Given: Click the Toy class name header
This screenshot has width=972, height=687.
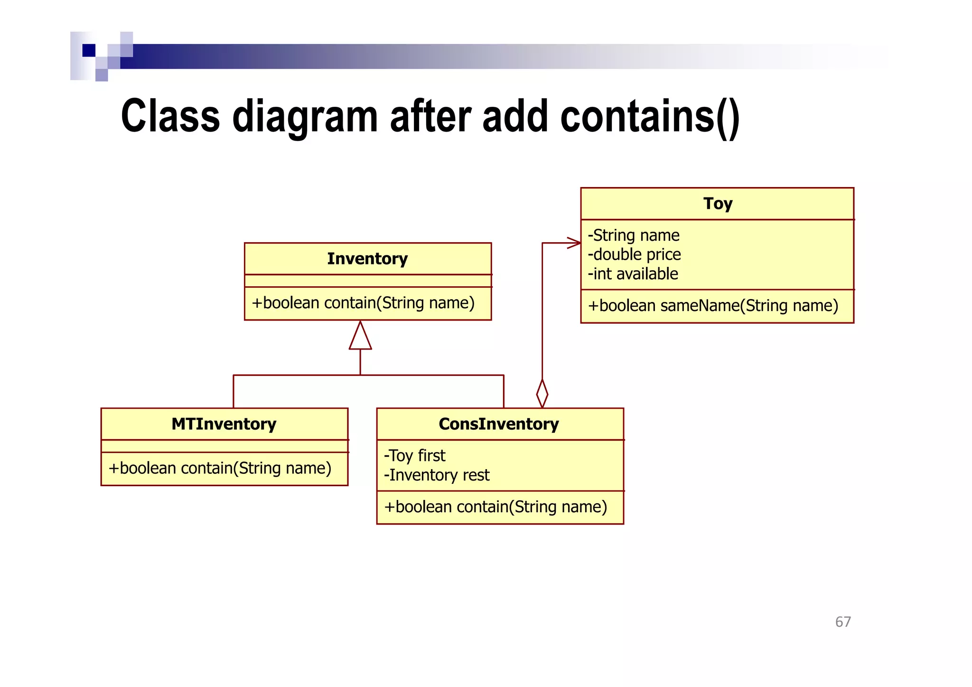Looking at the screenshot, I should tap(717, 204).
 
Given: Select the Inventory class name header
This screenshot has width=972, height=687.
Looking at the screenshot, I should tap(367, 259).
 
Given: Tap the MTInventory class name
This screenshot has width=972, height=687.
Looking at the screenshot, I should tap(224, 424).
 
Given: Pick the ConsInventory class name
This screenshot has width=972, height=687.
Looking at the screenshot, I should tap(498, 424).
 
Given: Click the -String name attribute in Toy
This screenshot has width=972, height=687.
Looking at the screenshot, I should tap(633, 235).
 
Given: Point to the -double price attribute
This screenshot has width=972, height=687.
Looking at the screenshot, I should tap(634, 255).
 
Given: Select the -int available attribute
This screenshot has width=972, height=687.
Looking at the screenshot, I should tap(633, 274).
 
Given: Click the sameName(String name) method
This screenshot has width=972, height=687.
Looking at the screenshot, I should tap(713, 306).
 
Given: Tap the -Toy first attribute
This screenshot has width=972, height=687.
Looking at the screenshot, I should tap(414, 456).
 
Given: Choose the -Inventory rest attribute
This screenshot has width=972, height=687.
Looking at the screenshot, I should tap(436, 475).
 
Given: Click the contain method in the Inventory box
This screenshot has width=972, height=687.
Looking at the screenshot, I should tap(363, 303).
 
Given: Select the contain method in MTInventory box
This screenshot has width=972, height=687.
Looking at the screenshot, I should tap(220, 469).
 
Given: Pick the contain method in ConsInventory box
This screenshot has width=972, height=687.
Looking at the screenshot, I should tap(495, 507).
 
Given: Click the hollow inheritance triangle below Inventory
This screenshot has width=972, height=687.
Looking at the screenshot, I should tap(360, 337).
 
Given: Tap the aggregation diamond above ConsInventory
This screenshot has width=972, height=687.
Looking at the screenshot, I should tap(542, 394).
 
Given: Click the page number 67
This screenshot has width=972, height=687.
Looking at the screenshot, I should tap(843, 622).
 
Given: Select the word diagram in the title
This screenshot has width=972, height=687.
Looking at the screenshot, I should tap(305, 117).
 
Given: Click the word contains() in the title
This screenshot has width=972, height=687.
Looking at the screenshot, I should tap(649, 117).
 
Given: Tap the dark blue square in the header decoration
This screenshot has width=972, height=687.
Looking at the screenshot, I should tap(89, 50).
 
